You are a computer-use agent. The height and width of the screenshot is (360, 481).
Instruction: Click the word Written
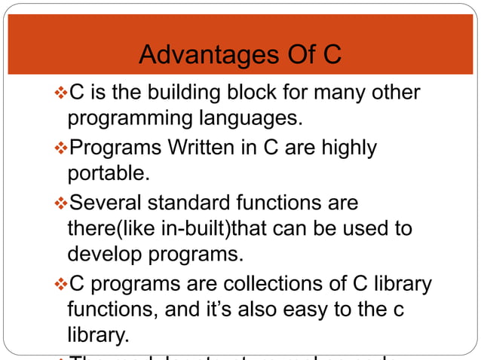pos(198,148)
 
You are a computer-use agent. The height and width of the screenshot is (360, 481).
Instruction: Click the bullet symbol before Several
pos(62,203)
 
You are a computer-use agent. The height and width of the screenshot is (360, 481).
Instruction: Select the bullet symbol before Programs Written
pos(62,148)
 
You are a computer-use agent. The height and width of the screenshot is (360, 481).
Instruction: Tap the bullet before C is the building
pos(62,94)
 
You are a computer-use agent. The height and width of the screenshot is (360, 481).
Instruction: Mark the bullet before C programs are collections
pos(62,285)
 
